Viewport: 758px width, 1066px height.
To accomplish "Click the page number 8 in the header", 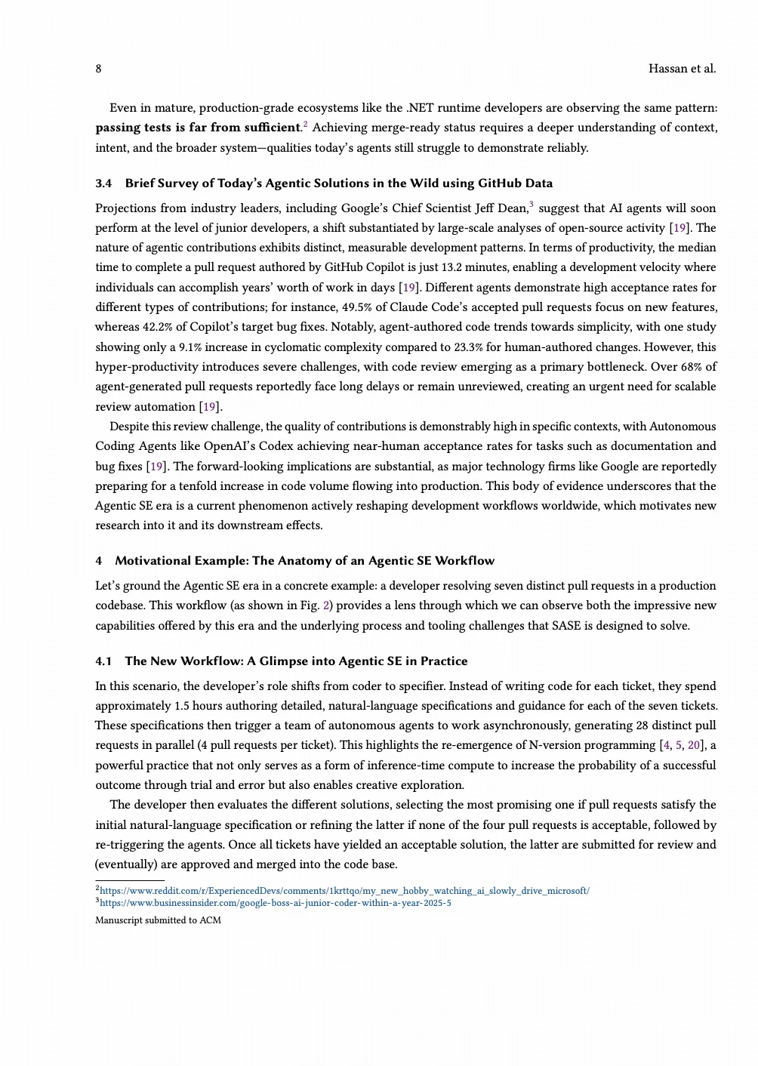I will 98,69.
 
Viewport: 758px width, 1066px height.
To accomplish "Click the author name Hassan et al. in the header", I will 682,69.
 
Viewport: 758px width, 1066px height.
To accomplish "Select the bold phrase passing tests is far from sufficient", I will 198,128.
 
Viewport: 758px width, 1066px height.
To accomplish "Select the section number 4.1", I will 103,661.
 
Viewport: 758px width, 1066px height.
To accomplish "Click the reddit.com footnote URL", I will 344,891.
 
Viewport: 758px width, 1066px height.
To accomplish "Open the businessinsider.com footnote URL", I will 275,903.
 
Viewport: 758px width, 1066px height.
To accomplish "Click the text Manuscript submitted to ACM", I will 158,920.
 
